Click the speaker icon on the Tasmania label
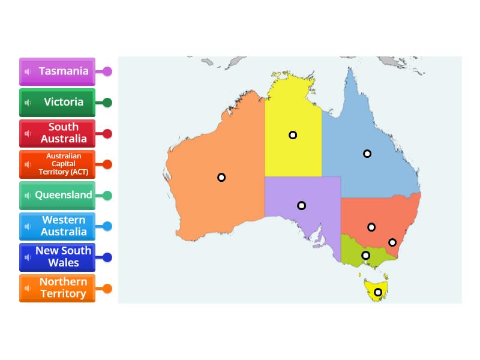pos(28,71)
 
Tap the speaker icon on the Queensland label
pos(28,195)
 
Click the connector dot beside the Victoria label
pos(107,103)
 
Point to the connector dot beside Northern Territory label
pos(107,289)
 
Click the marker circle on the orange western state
pos(221,177)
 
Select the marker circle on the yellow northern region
pos(293,135)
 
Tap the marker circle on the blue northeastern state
pos(367,154)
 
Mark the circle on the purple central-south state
pos(302,206)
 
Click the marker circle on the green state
pos(365,256)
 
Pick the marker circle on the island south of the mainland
pos(378,292)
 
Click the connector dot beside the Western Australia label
pos(107,226)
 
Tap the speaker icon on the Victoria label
pos(28,103)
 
